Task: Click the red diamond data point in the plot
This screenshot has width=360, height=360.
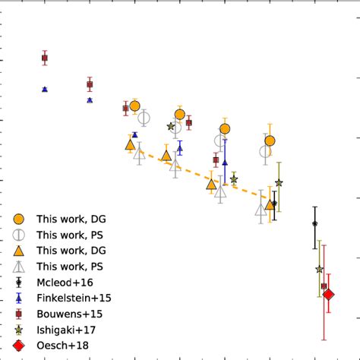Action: (328, 295)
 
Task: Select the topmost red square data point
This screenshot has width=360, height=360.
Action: (45, 58)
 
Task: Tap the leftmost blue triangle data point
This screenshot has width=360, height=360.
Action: (45, 89)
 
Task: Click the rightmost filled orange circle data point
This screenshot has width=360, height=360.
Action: (270, 141)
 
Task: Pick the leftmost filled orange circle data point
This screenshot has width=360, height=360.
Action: (134, 106)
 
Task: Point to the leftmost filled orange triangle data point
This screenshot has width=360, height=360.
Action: (130, 144)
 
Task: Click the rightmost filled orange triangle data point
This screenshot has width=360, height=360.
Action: (270, 204)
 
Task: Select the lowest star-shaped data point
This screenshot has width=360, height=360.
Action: (319, 269)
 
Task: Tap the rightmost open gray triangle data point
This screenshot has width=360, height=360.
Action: (261, 210)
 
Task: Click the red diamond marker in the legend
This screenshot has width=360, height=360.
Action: (20, 346)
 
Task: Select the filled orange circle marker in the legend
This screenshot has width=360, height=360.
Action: (20, 219)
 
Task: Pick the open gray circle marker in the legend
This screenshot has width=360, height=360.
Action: (20, 235)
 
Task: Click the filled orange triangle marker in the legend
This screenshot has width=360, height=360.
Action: (20, 250)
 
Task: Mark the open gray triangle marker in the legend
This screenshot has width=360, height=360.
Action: (20, 266)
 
